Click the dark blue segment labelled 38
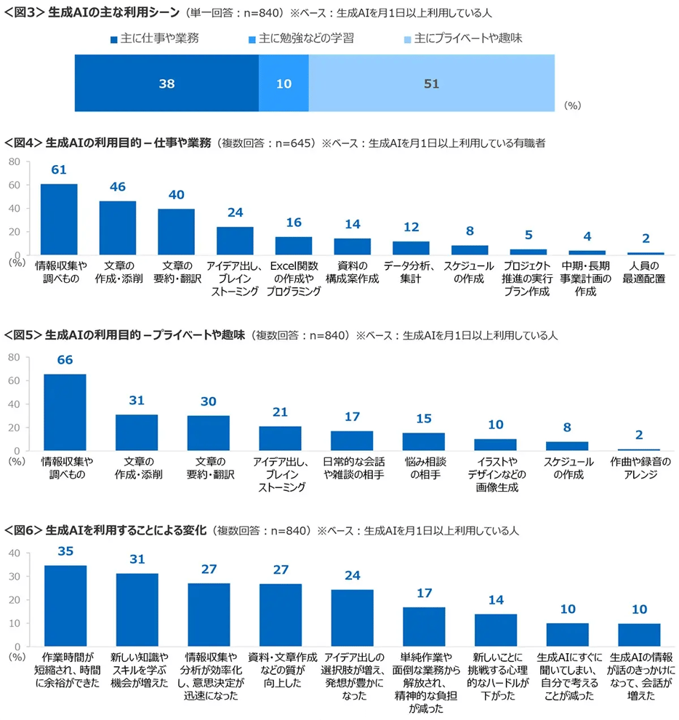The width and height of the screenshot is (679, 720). pyautogui.click(x=166, y=84)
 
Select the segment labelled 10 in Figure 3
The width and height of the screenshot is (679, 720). pyautogui.click(x=284, y=84)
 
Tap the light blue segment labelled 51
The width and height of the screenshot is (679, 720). pyautogui.click(x=431, y=84)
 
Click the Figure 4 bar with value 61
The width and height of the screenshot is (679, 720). pyautogui.click(x=59, y=219)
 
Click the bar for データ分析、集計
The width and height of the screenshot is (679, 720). pyautogui.click(x=411, y=248)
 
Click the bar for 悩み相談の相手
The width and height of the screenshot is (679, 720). pyautogui.click(x=423, y=441)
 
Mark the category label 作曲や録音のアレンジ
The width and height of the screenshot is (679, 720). pyautogui.click(x=638, y=468)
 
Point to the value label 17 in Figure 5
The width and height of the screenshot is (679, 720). pyautogui.click(x=352, y=417)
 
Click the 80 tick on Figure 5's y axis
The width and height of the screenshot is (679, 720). pyautogui.click(x=13, y=357)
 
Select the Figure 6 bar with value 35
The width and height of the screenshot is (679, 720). pyautogui.click(x=65, y=605)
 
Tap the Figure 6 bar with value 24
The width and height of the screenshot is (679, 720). pyautogui.click(x=352, y=617)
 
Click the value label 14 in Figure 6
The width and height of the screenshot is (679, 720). pyautogui.click(x=495, y=601)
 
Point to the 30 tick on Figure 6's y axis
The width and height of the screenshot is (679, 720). pyautogui.click(x=13, y=577)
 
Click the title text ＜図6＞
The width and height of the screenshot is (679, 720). pyautogui.click(x=23, y=530)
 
